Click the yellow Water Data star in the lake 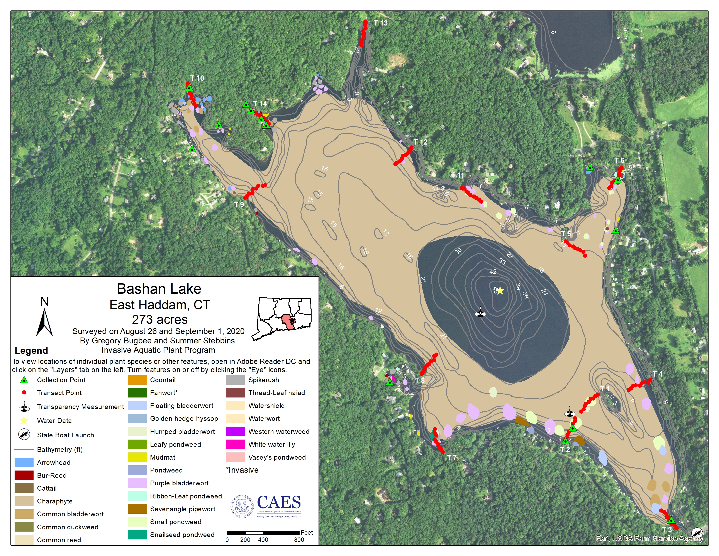[500, 290]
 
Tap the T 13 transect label [381, 23]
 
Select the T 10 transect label [197, 78]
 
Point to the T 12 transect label [421, 142]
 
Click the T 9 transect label [239, 205]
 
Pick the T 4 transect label [657, 374]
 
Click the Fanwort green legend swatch [137, 393]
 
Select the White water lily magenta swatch [235, 444]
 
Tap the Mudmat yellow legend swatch [137, 457]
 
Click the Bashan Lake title [159, 289]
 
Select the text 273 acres [160, 319]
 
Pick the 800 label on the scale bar [299, 539]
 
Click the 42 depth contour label [493, 272]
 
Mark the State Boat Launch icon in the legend [24, 435]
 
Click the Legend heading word [31, 350]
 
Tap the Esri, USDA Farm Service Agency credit [649, 538]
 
